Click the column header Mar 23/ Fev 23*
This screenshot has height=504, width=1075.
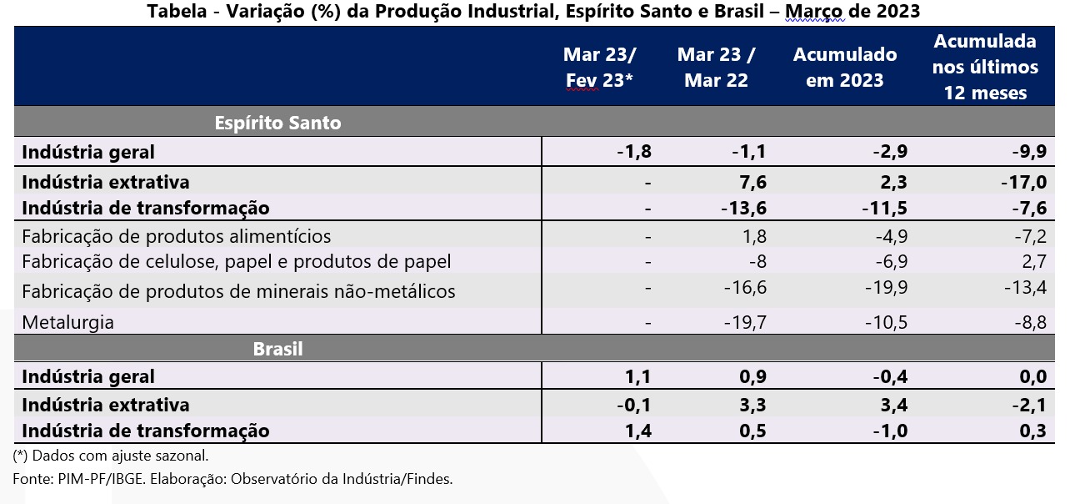tap(600, 68)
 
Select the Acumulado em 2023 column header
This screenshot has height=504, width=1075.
tap(845, 68)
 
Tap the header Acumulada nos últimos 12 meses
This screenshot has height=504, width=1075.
tap(986, 67)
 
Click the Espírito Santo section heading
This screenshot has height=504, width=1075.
tap(277, 123)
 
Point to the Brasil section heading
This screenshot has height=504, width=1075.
tap(277, 349)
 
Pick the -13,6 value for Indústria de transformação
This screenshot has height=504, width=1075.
tap(743, 208)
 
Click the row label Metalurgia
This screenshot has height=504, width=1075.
tap(67, 322)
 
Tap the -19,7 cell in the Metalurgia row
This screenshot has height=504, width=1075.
tap(744, 322)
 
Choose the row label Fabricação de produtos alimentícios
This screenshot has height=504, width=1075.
tap(176, 236)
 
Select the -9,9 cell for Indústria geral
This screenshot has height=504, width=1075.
tap(1029, 152)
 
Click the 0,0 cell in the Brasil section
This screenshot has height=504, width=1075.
tap(1032, 377)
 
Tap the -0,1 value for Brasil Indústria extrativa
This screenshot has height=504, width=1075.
tap(633, 405)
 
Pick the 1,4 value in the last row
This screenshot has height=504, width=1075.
tap(637, 431)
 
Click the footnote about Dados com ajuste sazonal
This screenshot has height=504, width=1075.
tap(111, 456)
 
